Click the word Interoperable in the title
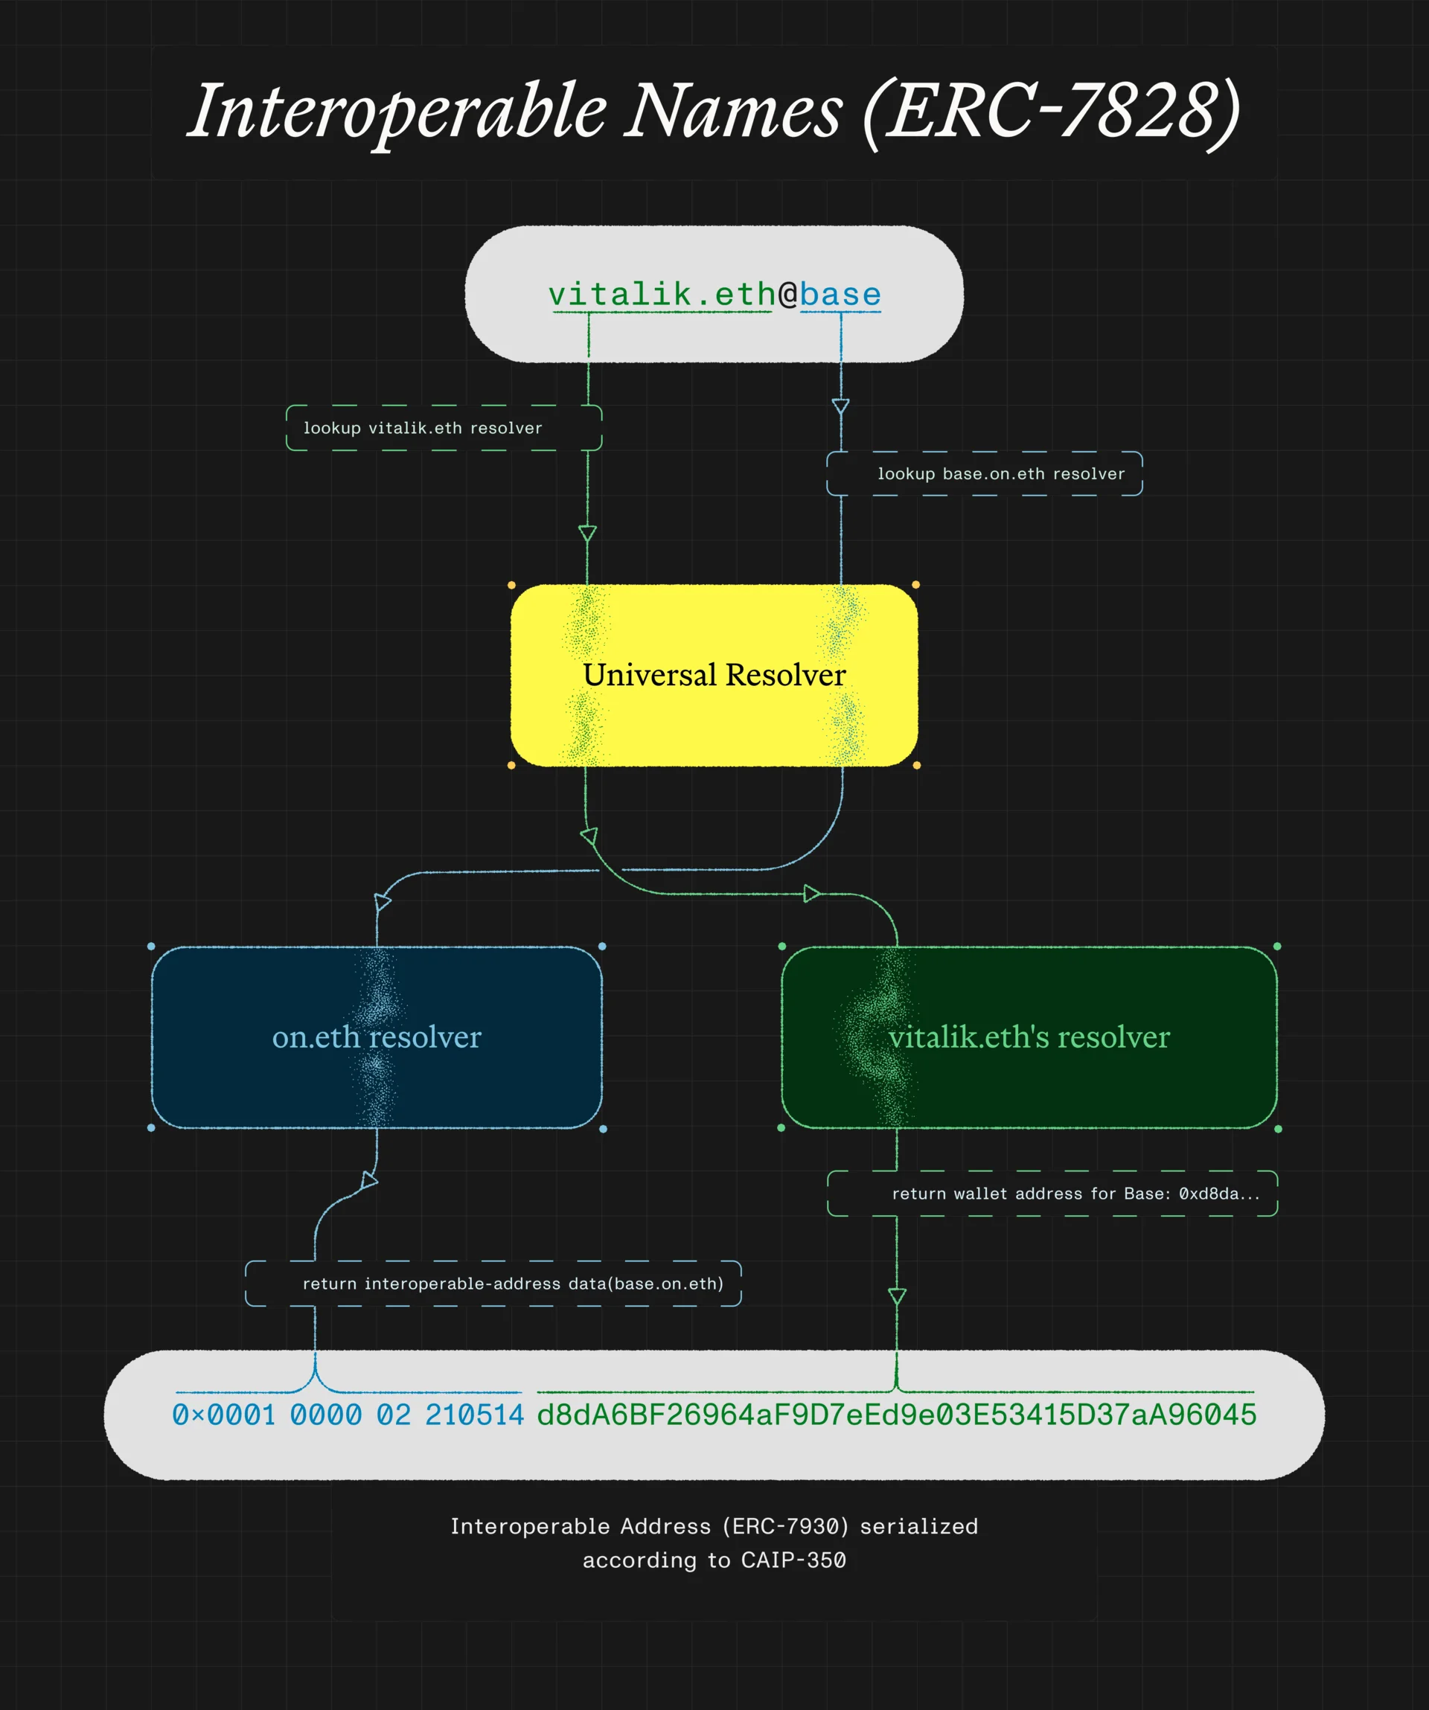397,112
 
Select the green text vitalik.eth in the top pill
662,294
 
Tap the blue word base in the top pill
840,294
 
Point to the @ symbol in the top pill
787,294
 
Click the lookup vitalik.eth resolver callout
444,427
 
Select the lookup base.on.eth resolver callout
985,473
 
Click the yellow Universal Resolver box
714,675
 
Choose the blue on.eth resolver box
376,1037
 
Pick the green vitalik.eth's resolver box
1029,1037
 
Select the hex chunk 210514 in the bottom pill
475,1415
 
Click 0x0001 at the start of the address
224,1415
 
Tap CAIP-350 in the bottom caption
793,1560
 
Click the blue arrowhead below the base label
840,406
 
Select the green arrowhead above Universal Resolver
587,534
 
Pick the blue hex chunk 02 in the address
393,1415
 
